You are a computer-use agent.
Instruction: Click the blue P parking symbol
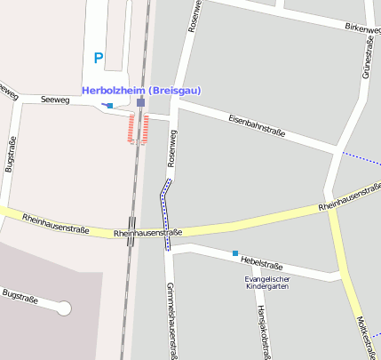pos(99,59)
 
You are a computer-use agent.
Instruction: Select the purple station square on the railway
pos(140,103)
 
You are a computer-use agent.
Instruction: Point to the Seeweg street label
pos(56,100)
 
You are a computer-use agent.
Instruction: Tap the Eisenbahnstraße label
pos(257,125)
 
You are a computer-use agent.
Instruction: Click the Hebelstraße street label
pos(262,265)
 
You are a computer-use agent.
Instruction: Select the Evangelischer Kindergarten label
pos(268,284)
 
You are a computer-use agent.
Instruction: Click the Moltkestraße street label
pos(361,330)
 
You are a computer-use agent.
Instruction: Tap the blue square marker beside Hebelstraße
pos(235,253)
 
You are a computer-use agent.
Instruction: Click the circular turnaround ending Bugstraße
pos(63,308)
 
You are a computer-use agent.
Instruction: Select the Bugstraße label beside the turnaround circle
pos(20,296)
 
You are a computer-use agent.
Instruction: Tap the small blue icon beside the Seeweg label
pos(108,106)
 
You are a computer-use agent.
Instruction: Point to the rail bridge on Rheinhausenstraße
pos(131,227)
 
